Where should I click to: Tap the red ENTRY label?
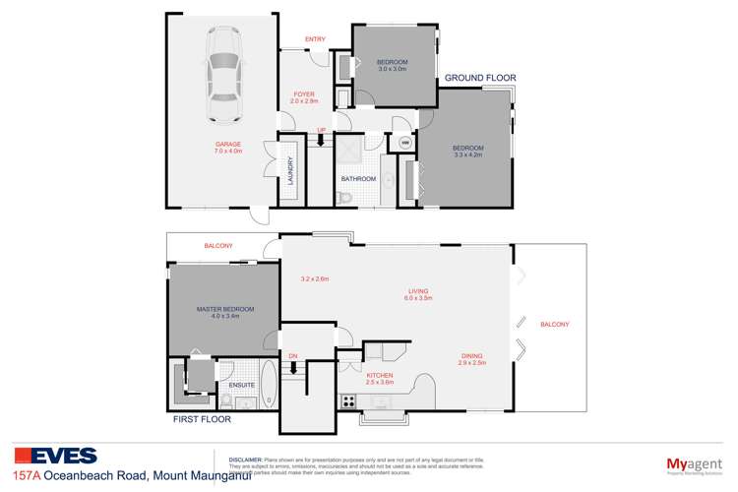point(315,39)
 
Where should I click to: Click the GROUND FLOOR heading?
point(480,77)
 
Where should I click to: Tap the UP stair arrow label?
point(321,131)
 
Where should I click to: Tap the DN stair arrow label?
point(292,355)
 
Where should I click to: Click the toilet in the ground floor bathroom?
point(341,199)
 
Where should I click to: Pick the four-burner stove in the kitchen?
point(346,400)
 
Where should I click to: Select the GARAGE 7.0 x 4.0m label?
point(228,148)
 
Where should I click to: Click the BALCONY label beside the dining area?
point(554,325)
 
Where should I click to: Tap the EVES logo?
point(55,456)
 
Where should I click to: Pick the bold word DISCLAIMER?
point(245,459)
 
